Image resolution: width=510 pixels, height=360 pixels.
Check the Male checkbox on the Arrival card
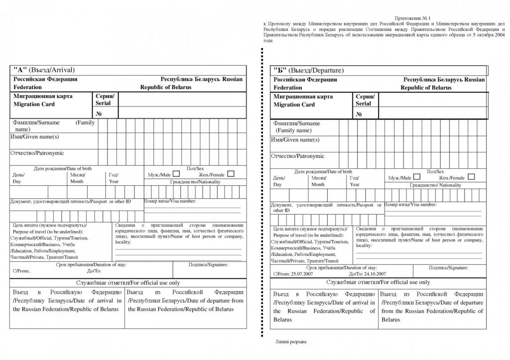pos(176,174)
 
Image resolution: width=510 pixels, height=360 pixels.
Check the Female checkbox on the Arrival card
pos(231,174)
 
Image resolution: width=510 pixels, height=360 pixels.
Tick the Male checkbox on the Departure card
pos(416,177)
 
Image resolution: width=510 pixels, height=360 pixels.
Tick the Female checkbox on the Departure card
pos(471,177)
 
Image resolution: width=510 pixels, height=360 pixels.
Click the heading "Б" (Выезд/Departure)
pos(308,71)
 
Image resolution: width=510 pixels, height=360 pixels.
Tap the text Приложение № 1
pos(412,18)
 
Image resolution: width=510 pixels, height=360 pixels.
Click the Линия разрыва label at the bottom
pos(291,342)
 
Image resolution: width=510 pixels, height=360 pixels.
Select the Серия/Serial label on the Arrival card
pos(105,99)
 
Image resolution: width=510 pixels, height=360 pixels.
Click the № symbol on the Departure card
pos(359,115)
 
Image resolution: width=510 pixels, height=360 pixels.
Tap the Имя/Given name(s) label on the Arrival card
pos(35,136)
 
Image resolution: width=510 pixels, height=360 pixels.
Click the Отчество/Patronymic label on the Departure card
pos(297,156)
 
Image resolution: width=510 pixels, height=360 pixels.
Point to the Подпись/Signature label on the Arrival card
pos(208,265)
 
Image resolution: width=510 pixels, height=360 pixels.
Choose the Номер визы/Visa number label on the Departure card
pos(410,205)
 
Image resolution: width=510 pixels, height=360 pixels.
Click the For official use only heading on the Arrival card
pos(128,283)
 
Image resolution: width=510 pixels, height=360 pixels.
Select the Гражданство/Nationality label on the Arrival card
pos(195,182)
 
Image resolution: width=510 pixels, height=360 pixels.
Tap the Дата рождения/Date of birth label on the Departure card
pos(323,171)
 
